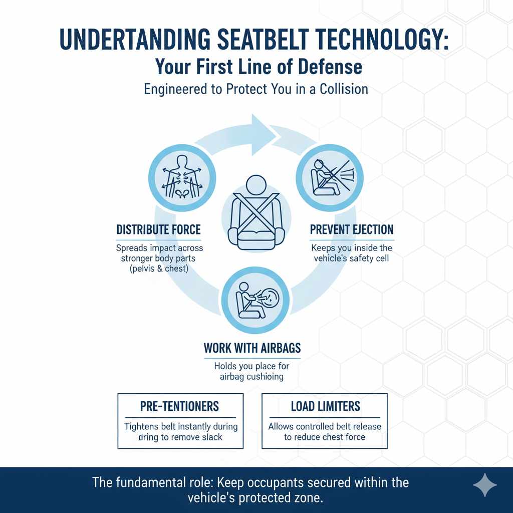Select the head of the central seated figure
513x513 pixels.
pos(256,185)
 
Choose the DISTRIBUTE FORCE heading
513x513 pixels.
pos(158,230)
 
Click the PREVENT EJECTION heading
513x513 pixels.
pos(352,230)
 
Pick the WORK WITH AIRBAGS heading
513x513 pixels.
pos(252,348)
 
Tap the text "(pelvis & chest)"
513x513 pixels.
pos(160,270)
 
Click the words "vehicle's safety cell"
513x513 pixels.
pos(352,259)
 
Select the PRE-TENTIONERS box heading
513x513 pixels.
pos(180,406)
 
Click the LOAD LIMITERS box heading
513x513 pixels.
pos(325,406)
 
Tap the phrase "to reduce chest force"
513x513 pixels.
pos(325,437)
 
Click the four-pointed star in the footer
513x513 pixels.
pos(485,485)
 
